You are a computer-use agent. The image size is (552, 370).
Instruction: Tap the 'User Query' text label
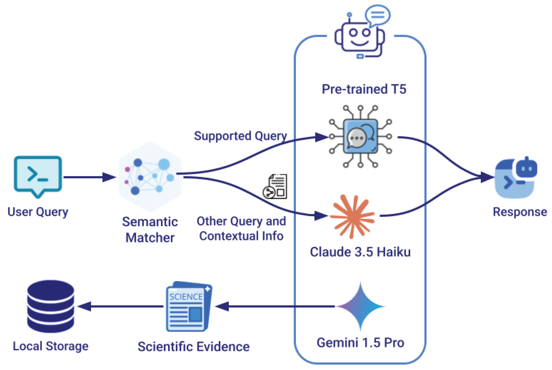pos(38,212)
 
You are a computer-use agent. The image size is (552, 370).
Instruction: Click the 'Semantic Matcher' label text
pos(150,229)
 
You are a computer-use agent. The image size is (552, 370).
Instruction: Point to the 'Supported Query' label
pos(240,136)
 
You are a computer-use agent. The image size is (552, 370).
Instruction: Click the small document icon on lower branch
pos(275,187)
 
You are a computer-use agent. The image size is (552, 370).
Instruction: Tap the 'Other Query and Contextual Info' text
pos(241,228)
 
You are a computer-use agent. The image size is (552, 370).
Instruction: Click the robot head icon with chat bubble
pos(360,33)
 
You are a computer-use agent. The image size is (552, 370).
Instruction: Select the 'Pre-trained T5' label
pos(364,89)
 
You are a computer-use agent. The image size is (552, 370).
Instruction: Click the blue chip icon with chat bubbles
pos(360,137)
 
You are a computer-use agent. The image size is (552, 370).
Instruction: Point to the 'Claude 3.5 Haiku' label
pos(360,252)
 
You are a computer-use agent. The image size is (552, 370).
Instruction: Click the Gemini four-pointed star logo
pos(360,306)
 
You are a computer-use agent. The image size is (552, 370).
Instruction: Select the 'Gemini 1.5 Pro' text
pos(360,343)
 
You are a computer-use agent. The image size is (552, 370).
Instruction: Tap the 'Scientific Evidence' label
pos(193,346)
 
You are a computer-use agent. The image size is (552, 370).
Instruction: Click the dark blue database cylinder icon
pos(51,306)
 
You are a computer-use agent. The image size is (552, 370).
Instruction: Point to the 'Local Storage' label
pos(51,346)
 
